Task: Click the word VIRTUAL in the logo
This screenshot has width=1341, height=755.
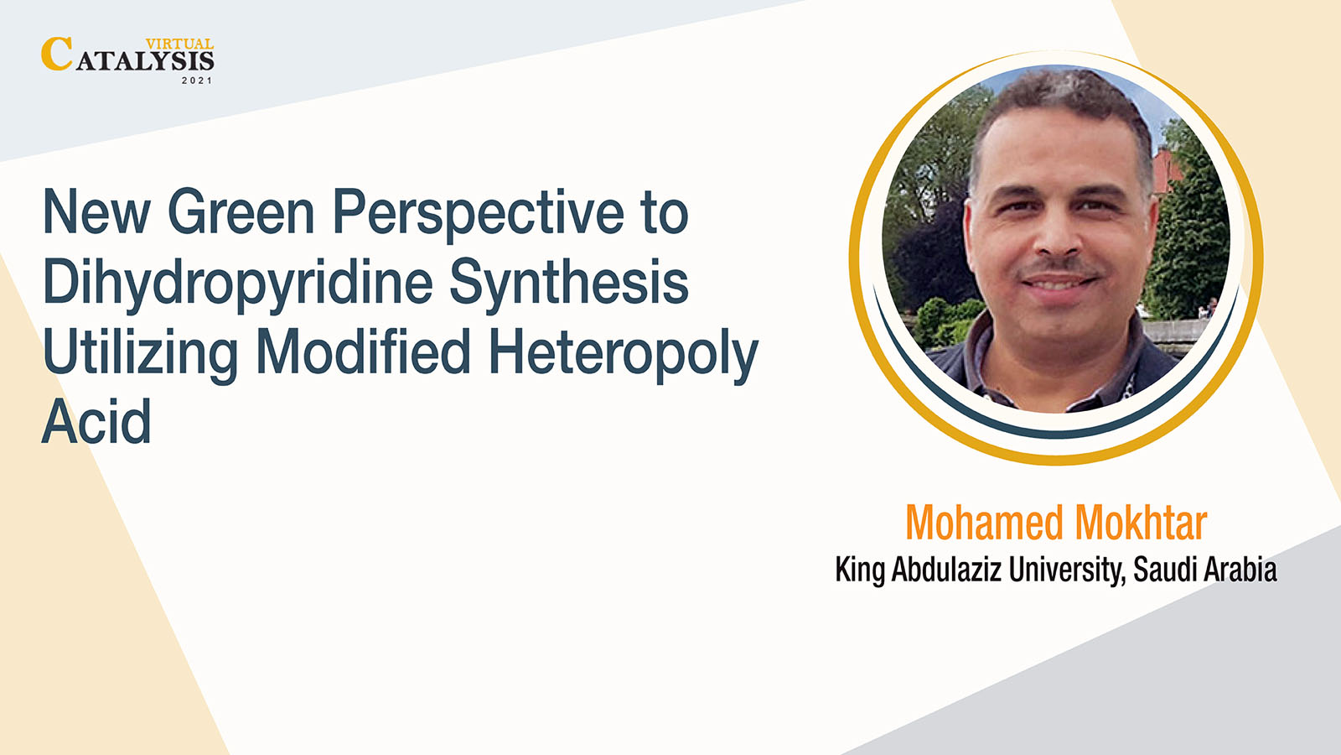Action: pyautogui.click(x=179, y=44)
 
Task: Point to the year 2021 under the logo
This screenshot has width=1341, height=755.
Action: pyautogui.click(x=197, y=81)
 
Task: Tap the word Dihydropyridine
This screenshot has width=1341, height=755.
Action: pyautogui.click(x=238, y=284)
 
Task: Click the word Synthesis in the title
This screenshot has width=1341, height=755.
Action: pyautogui.click(x=569, y=283)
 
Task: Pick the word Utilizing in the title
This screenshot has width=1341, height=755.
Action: pyautogui.click(x=140, y=355)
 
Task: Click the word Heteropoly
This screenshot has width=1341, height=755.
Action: pyautogui.click(x=624, y=355)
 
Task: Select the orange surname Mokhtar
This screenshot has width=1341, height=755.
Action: pyautogui.click(x=1141, y=523)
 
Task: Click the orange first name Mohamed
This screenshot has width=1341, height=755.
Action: pyautogui.click(x=985, y=523)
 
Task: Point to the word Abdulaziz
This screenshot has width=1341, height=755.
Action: pyautogui.click(x=946, y=570)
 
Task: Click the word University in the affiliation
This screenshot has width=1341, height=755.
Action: pyautogui.click(x=1064, y=570)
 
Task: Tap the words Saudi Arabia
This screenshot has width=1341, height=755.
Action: pyautogui.click(x=1205, y=570)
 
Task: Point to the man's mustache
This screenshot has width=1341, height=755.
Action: pyautogui.click(x=1059, y=268)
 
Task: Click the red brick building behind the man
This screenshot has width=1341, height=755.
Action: pyautogui.click(x=1168, y=171)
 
